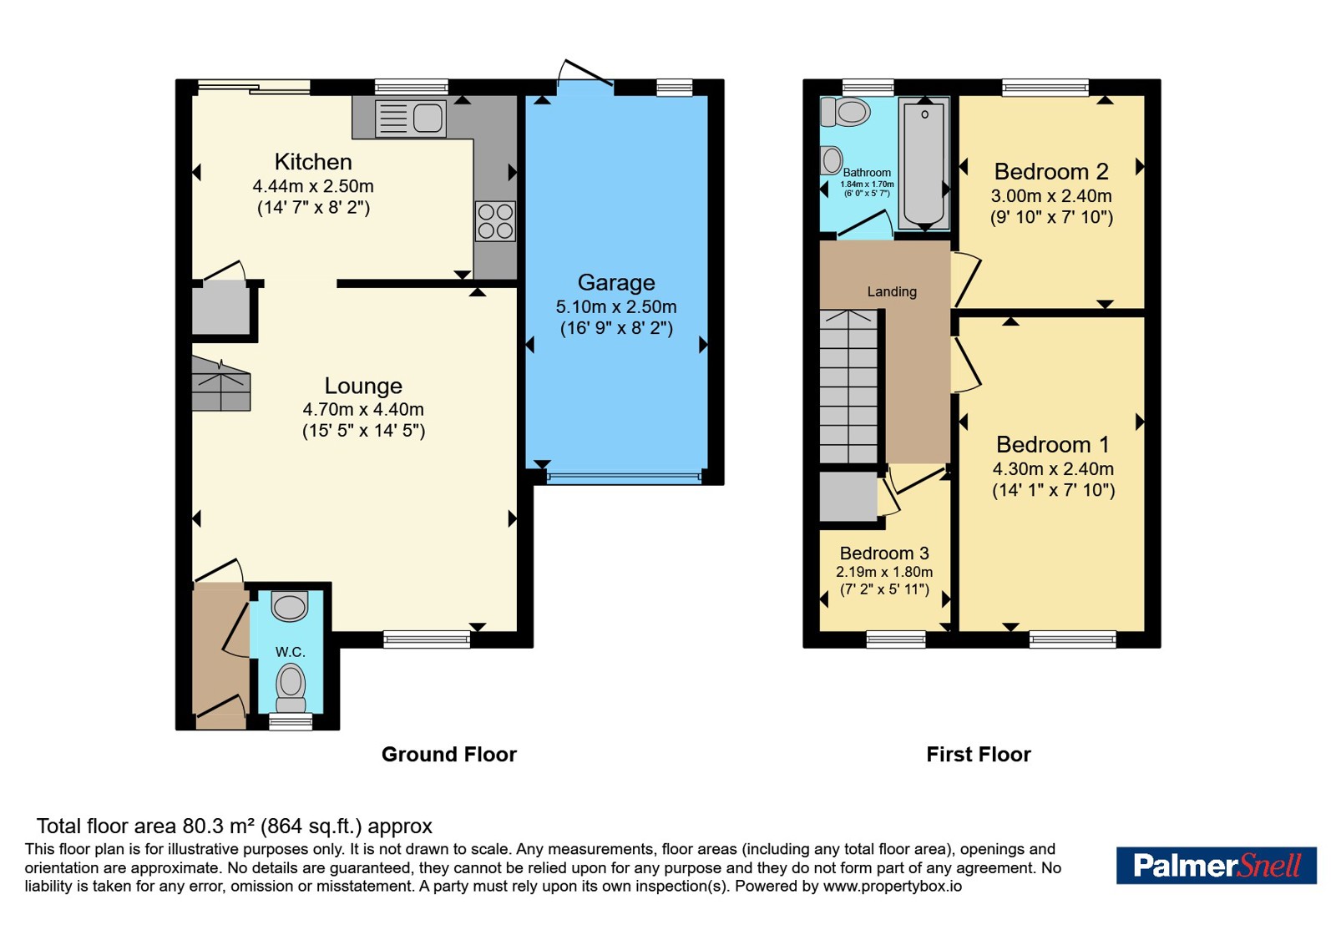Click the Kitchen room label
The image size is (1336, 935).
(313, 162)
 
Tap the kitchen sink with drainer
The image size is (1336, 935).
(410, 118)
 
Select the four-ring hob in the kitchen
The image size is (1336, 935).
(495, 221)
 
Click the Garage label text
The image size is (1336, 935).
(616, 283)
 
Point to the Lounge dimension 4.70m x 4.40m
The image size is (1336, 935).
(363, 410)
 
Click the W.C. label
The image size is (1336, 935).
(291, 652)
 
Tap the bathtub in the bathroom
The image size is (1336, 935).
(924, 164)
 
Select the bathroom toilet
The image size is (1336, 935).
(844, 112)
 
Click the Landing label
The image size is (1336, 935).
(892, 291)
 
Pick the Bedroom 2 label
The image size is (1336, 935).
(1051, 172)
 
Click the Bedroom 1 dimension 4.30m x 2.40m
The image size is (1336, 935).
(1053, 469)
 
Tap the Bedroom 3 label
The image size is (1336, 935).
(884, 553)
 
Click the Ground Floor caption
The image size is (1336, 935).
(449, 755)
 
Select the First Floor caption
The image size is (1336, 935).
(979, 755)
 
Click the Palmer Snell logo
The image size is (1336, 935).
(1217, 865)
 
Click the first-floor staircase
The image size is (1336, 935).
(848, 387)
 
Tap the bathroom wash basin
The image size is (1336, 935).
(831, 159)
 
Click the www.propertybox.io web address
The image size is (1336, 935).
(893, 886)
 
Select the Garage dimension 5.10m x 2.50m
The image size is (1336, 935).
(616, 307)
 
